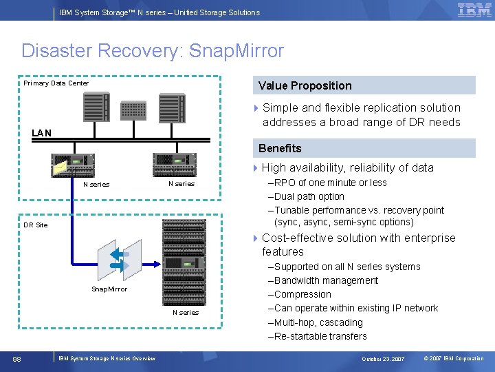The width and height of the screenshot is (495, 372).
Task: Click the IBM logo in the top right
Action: pyautogui.click(x=474, y=10)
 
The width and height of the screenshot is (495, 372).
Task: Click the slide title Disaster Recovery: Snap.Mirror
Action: pyautogui.click(x=152, y=51)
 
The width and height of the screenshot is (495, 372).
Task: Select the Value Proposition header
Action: pyautogui.click(x=305, y=85)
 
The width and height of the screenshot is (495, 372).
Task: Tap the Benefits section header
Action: pyautogui.click(x=280, y=148)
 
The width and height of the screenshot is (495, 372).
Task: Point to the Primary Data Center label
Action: pyautogui.click(x=56, y=83)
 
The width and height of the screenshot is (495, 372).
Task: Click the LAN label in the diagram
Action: pyautogui.click(x=41, y=132)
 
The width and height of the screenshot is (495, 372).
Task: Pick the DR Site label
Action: pyautogui.click(x=36, y=225)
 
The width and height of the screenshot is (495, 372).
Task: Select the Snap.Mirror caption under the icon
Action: pyautogui.click(x=109, y=289)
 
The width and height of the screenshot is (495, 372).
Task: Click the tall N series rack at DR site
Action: pyautogui.click(x=184, y=262)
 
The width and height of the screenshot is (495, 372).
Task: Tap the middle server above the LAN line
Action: pyautogui.click(x=133, y=110)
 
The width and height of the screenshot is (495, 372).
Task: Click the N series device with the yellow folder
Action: pyautogui.click(x=72, y=165)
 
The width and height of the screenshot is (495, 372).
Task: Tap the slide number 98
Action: pyautogui.click(x=17, y=358)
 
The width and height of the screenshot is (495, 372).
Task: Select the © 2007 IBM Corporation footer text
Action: pyautogui.click(x=454, y=359)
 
